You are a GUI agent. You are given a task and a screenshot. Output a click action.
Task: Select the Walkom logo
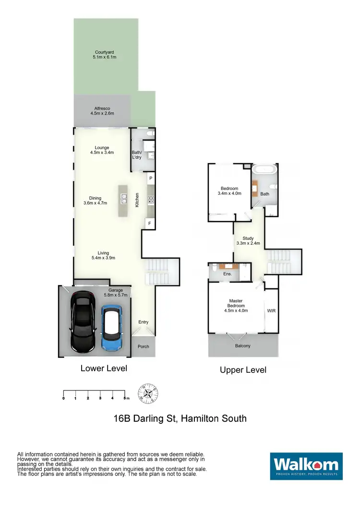[306, 464]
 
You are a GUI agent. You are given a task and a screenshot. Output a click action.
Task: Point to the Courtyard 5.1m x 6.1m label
[104, 54]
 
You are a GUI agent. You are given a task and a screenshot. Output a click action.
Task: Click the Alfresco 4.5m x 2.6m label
[102, 111]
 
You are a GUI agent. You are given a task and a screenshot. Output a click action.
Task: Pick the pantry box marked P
[150, 178]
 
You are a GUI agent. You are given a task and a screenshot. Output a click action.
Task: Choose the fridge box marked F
[150, 224]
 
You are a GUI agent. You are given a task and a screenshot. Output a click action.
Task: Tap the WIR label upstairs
[271, 310]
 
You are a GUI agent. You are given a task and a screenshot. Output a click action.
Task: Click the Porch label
[143, 346]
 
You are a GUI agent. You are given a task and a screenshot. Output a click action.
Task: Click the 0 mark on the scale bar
[64, 398]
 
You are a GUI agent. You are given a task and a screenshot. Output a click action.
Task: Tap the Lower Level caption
[104, 368]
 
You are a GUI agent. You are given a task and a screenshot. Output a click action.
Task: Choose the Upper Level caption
[243, 370]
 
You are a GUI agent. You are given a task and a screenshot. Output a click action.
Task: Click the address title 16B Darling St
[180, 418]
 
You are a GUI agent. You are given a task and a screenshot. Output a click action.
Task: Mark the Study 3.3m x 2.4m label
[248, 240]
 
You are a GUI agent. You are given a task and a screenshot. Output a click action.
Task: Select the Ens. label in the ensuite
[228, 273]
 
